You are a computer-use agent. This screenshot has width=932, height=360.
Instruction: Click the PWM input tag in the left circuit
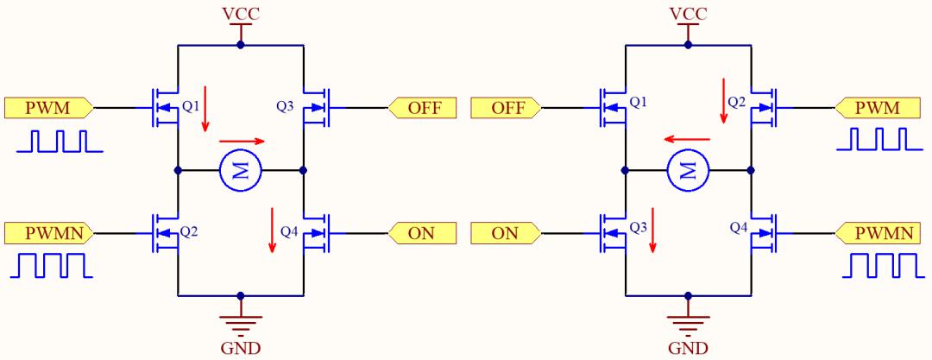48,108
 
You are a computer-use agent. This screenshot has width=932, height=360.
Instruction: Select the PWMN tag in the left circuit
48,232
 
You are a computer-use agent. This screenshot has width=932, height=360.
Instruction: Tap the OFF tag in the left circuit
423,108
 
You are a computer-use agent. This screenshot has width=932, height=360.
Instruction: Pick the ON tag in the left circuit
423,232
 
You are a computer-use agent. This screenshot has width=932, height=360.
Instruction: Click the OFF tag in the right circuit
506,108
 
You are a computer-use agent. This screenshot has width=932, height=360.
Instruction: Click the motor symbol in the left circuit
241,171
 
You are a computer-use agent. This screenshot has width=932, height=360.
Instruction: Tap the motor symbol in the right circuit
689,171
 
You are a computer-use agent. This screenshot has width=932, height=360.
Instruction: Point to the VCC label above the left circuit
241,13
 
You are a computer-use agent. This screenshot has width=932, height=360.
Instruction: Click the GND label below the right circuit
689,347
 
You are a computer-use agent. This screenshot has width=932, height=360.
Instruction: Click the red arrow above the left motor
242,142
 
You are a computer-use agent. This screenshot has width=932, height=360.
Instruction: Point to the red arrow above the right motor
687,139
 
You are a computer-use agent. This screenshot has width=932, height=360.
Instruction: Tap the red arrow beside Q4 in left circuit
272,230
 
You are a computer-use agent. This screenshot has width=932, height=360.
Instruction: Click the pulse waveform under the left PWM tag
60,142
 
